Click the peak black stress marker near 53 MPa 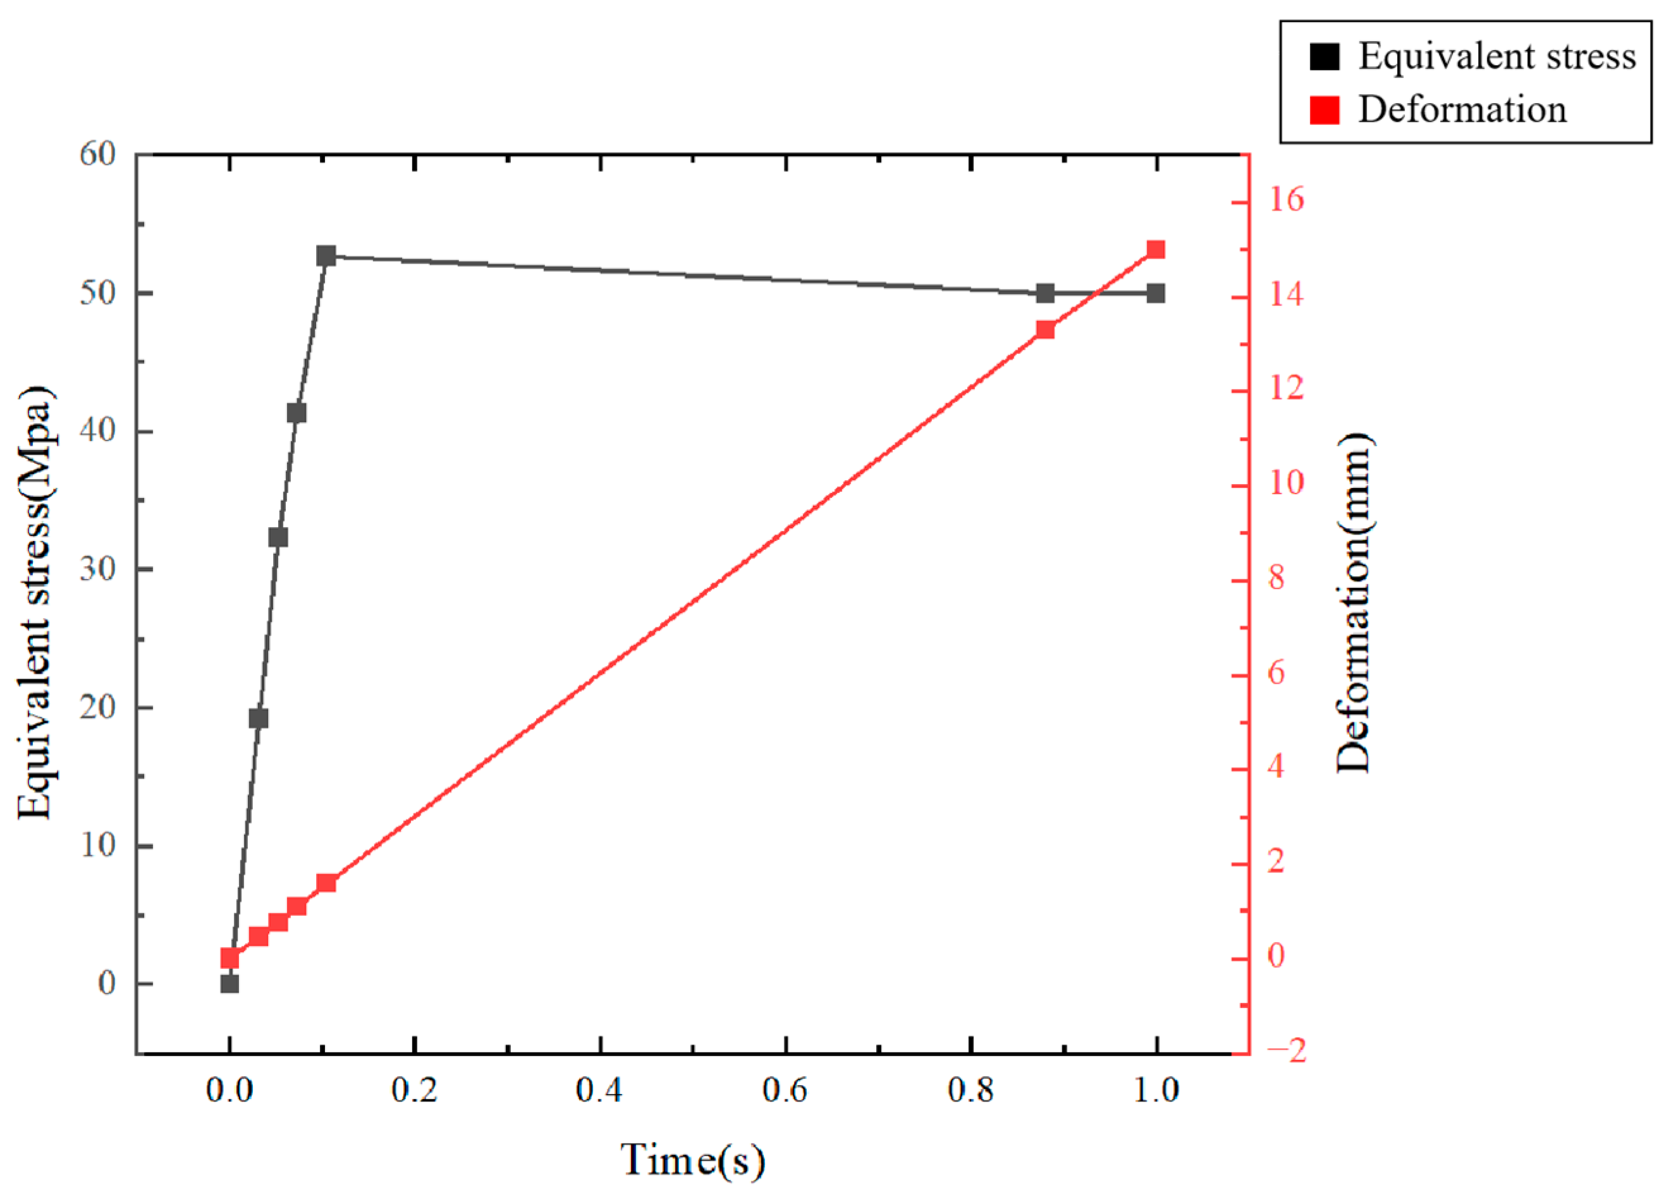tap(326, 256)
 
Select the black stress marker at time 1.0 tap(1156, 293)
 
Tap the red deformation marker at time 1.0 tap(1156, 250)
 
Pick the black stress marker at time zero tap(229, 983)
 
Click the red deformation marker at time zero tap(229, 957)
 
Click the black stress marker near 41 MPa tap(297, 413)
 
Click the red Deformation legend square tap(1324, 111)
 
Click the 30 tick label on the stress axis tap(99, 569)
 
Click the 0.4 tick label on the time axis tap(599, 1090)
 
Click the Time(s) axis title tap(692, 1160)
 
